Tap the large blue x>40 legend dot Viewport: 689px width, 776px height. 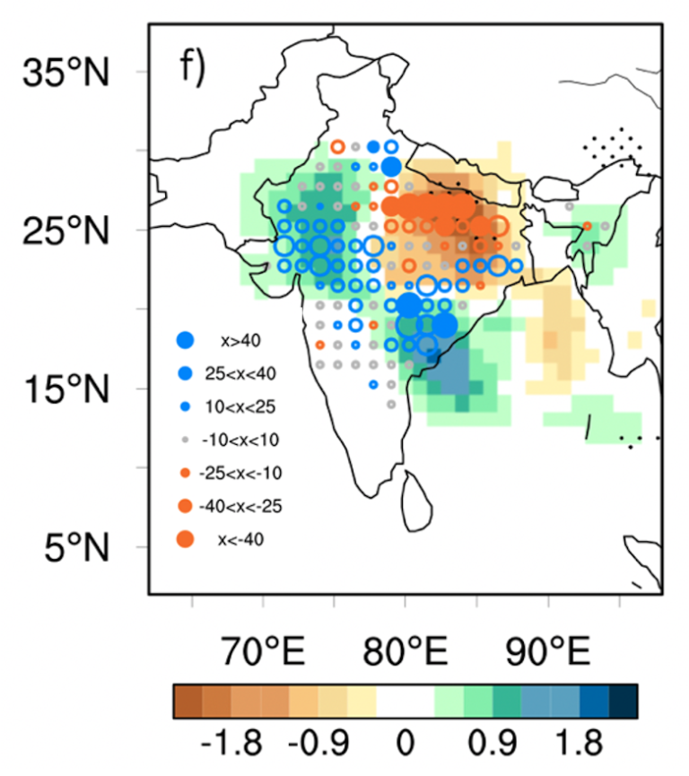pos(186,340)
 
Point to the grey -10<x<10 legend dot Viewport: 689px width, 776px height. pos(186,439)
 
